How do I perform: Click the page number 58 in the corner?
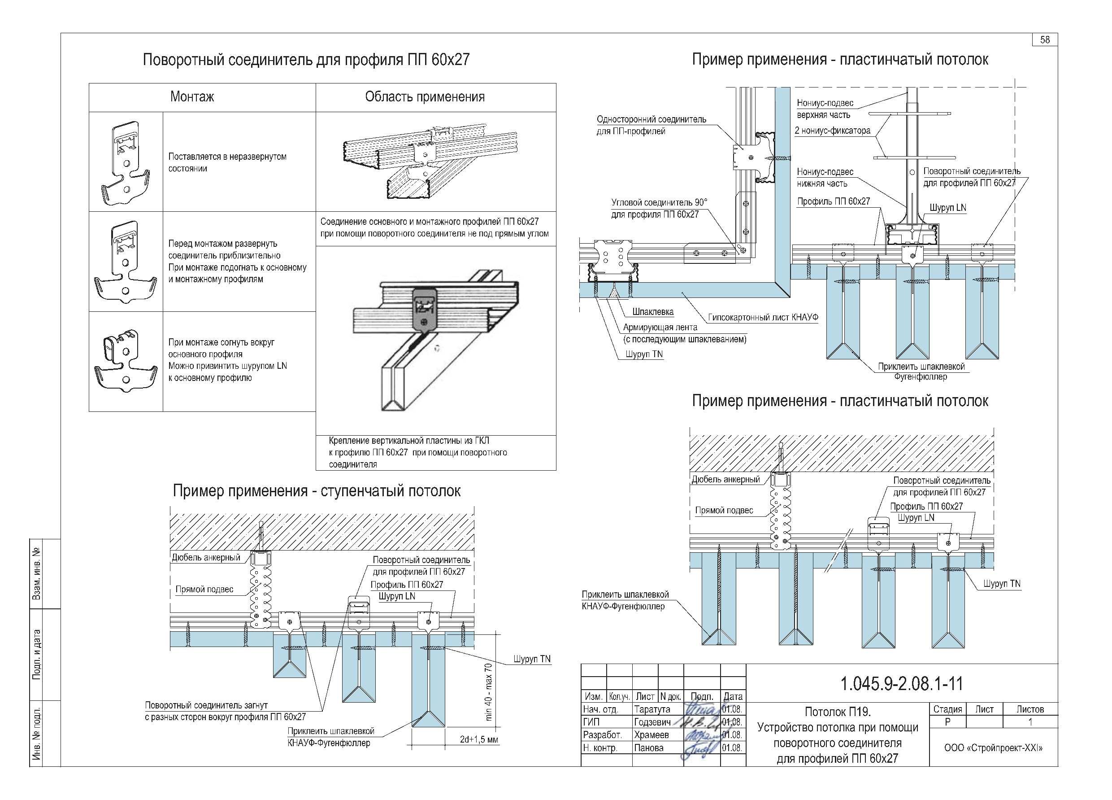click(x=1045, y=40)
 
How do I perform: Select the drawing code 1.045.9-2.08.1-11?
click(x=902, y=683)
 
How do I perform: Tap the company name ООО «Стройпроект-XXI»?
click(x=993, y=748)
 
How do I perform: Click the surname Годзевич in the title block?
click(x=652, y=722)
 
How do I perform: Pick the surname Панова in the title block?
click(x=649, y=748)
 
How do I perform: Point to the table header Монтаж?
click(x=192, y=96)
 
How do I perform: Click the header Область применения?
click(x=425, y=96)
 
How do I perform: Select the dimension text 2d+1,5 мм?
click(x=478, y=739)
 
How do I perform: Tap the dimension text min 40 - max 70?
click(x=488, y=691)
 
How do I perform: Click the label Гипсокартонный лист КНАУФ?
click(x=763, y=317)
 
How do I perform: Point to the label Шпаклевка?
click(x=652, y=312)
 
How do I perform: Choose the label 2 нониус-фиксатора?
click(x=833, y=131)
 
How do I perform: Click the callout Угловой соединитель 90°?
click(x=659, y=202)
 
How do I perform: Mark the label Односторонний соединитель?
click(x=651, y=119)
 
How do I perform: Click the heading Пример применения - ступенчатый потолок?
click(x=317, y=491)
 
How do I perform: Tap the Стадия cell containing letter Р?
click(x=947, y=722)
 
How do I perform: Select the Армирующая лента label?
click(x=660, y=327)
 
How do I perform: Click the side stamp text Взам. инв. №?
click(x=36, y=574)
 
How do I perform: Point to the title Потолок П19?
click(x=838, y=712)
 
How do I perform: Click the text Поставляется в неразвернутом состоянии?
click(x=227, y=162)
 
